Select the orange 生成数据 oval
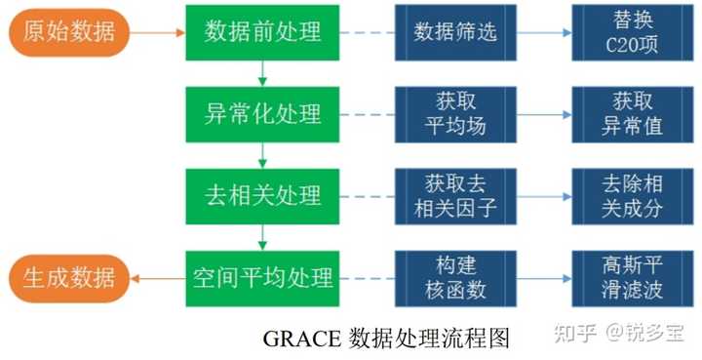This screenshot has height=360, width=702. coord(68,278)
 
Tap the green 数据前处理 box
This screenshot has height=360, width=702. coord(262,32)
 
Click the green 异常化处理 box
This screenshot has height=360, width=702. coord(262,114)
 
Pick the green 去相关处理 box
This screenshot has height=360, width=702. coord(262,196)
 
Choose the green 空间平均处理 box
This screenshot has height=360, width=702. coord(262,278)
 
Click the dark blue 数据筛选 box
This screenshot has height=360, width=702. coord(455,32)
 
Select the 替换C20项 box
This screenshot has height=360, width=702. coord(631,32)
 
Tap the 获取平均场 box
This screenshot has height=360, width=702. coord(455,114)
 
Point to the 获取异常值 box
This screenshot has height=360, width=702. coord(631,114)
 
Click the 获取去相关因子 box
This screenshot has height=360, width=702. coord(455,196)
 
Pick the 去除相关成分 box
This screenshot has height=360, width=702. coord(631,196)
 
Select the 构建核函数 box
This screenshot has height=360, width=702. coord(455,278)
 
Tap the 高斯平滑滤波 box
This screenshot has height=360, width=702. coord(631,278)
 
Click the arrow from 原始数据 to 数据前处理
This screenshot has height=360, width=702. coord(157,32)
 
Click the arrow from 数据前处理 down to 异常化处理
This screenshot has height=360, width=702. coord(262,73)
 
